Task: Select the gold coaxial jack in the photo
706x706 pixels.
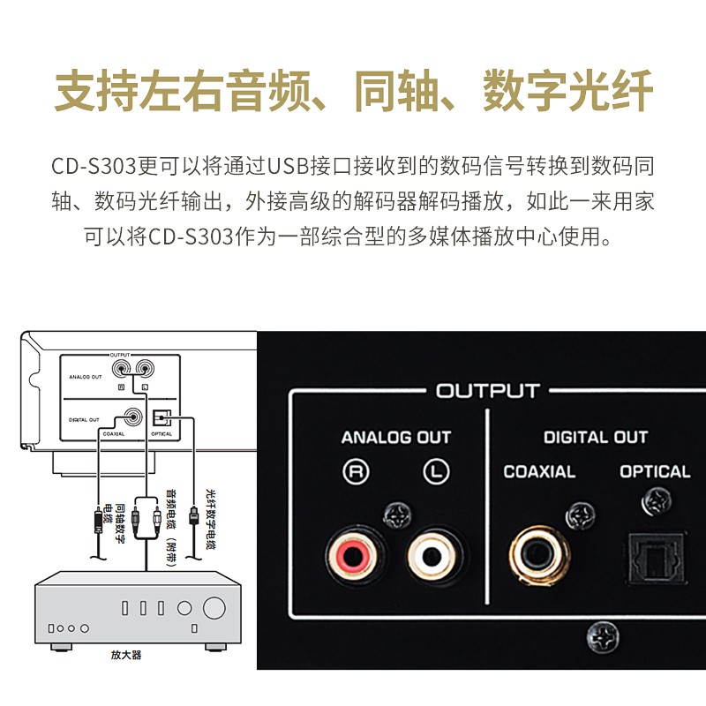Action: click(x=539, y=556)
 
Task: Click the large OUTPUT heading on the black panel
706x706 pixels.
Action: click(x=487, y=390)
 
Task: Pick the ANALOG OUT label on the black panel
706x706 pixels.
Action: click(x=396, y=437)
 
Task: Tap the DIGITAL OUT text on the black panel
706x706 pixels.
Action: click(x=595, y=437)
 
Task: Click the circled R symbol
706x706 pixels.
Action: click(x=356, y=472)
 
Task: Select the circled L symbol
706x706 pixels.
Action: click(x=435, y=472)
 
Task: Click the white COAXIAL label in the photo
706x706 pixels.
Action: click(x=539, y=472)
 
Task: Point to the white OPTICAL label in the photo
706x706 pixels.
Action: click(x=655, y=472)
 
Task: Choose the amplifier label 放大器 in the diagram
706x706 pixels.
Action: click(x=126, y=655)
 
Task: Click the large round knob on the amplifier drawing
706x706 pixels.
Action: click(x=214, y=608)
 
